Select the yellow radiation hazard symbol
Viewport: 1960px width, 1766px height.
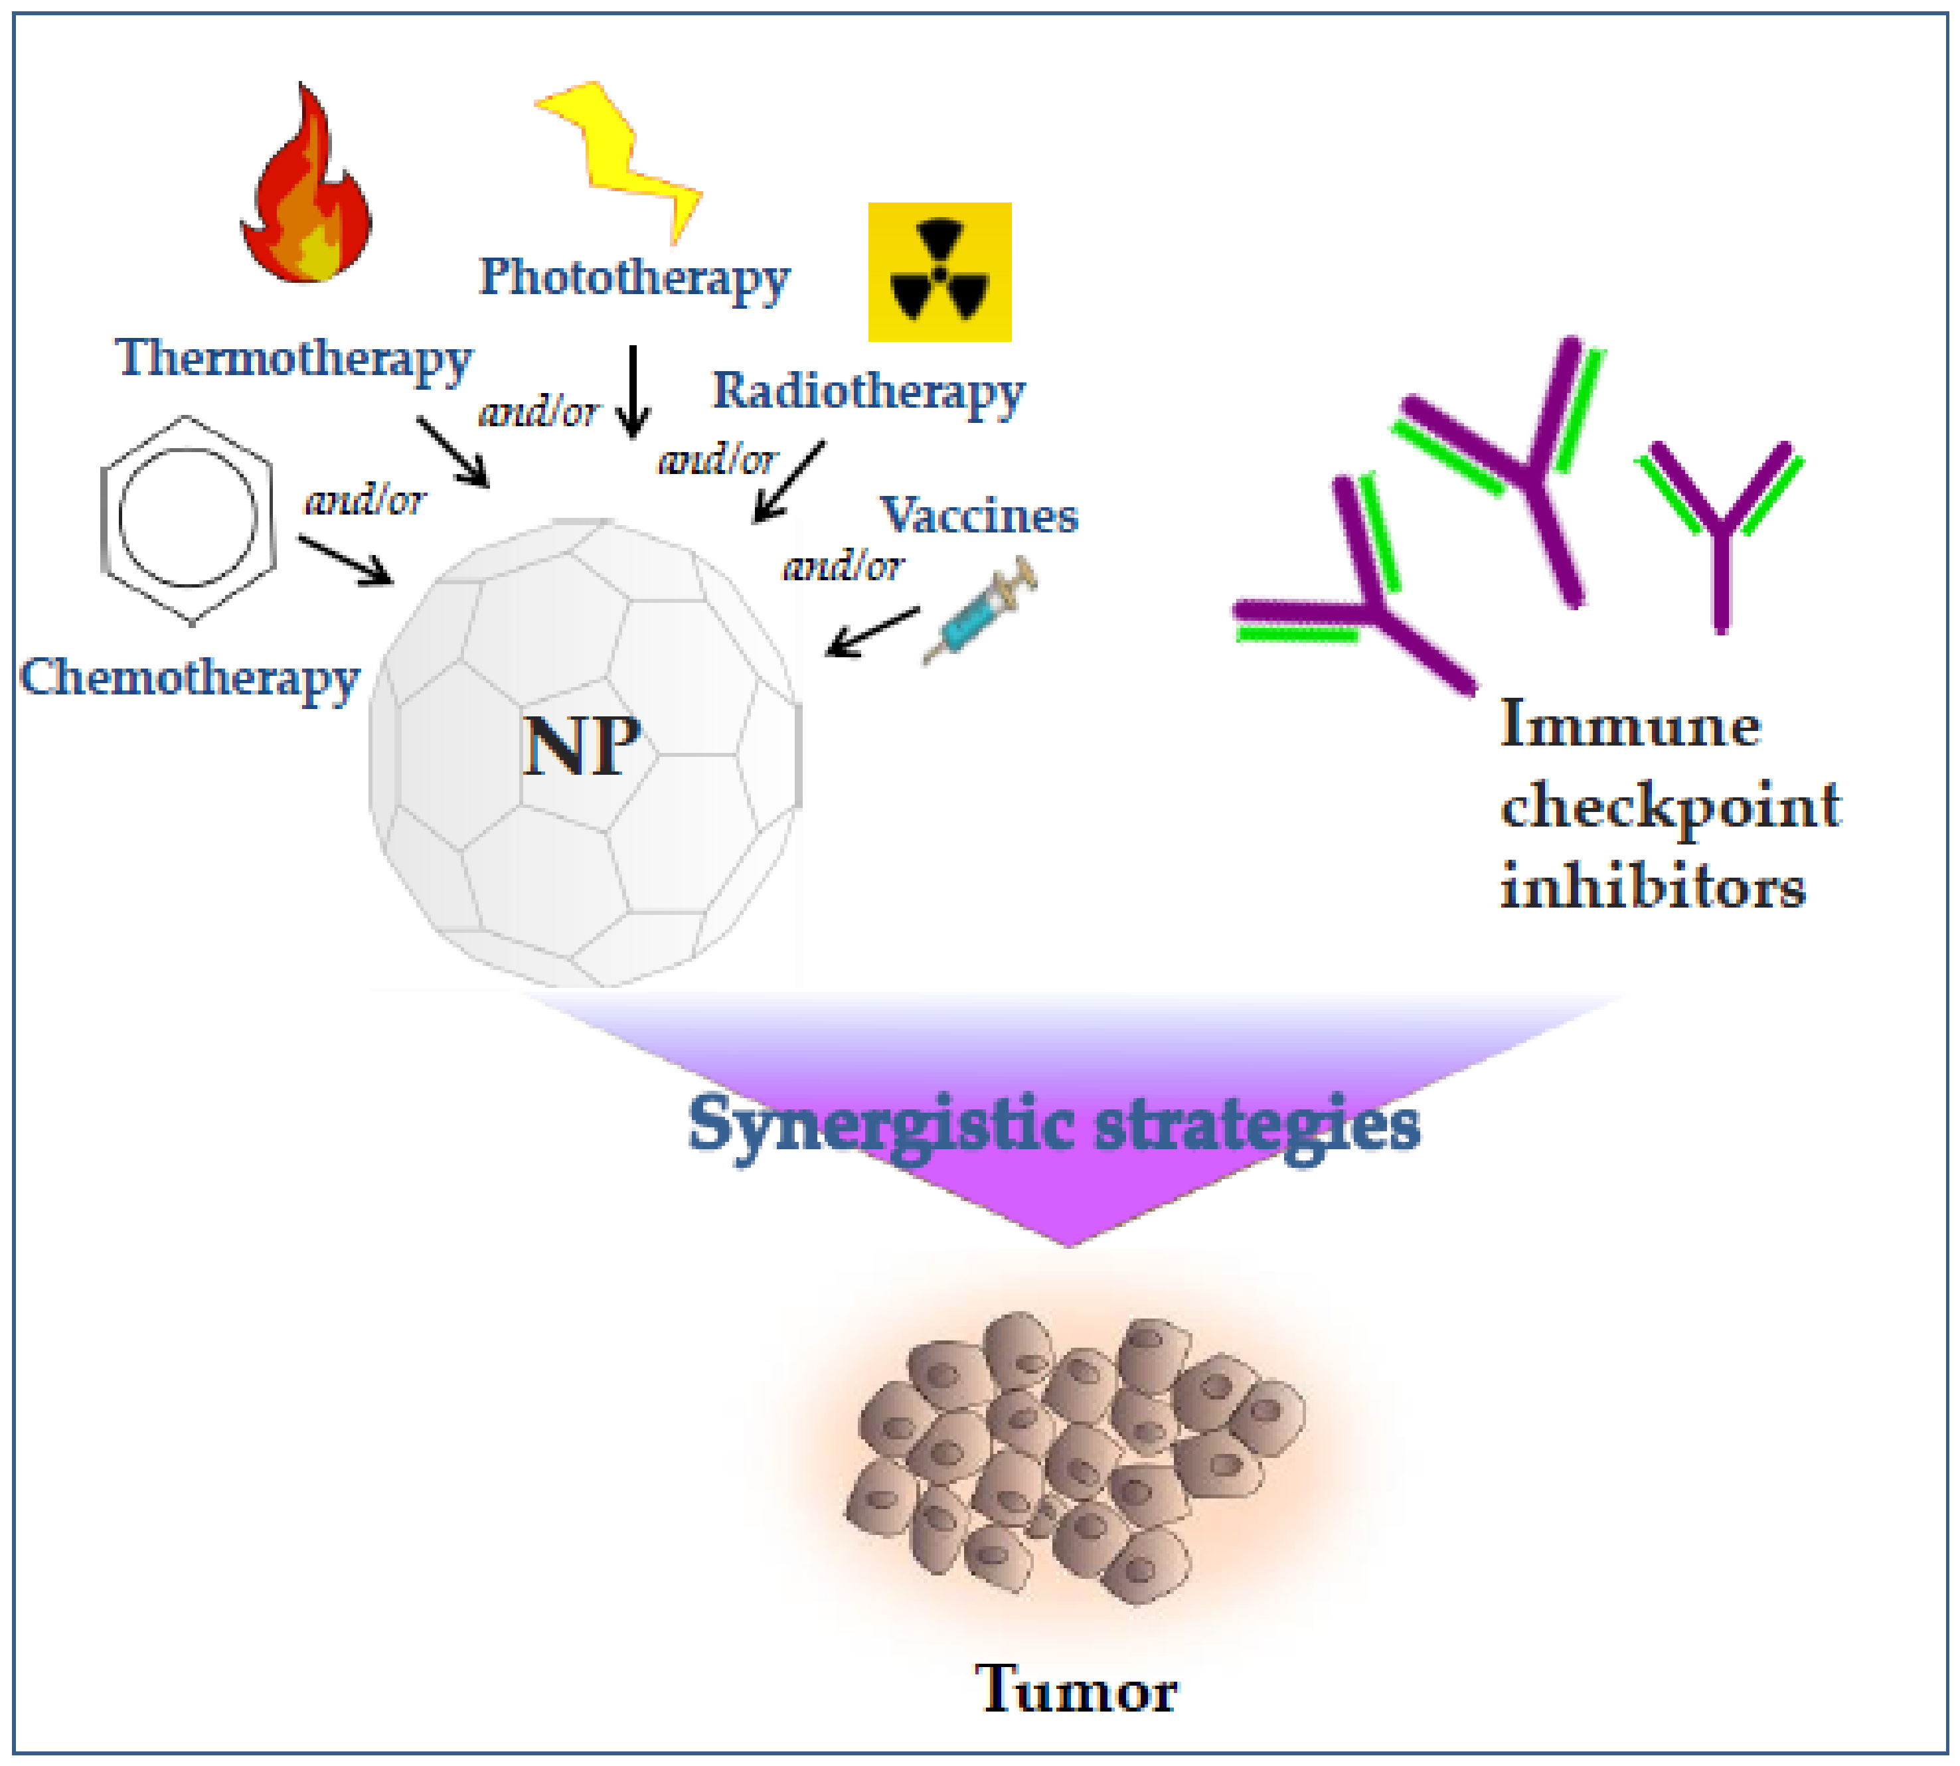tap(939, 272)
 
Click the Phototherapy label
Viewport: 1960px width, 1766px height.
tap(635, 278)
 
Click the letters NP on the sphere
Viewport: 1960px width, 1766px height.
tap(581, 746)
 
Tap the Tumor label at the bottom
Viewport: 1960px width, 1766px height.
tap(1075, 1690)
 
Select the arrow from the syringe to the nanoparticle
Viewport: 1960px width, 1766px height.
tap(871, 633)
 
